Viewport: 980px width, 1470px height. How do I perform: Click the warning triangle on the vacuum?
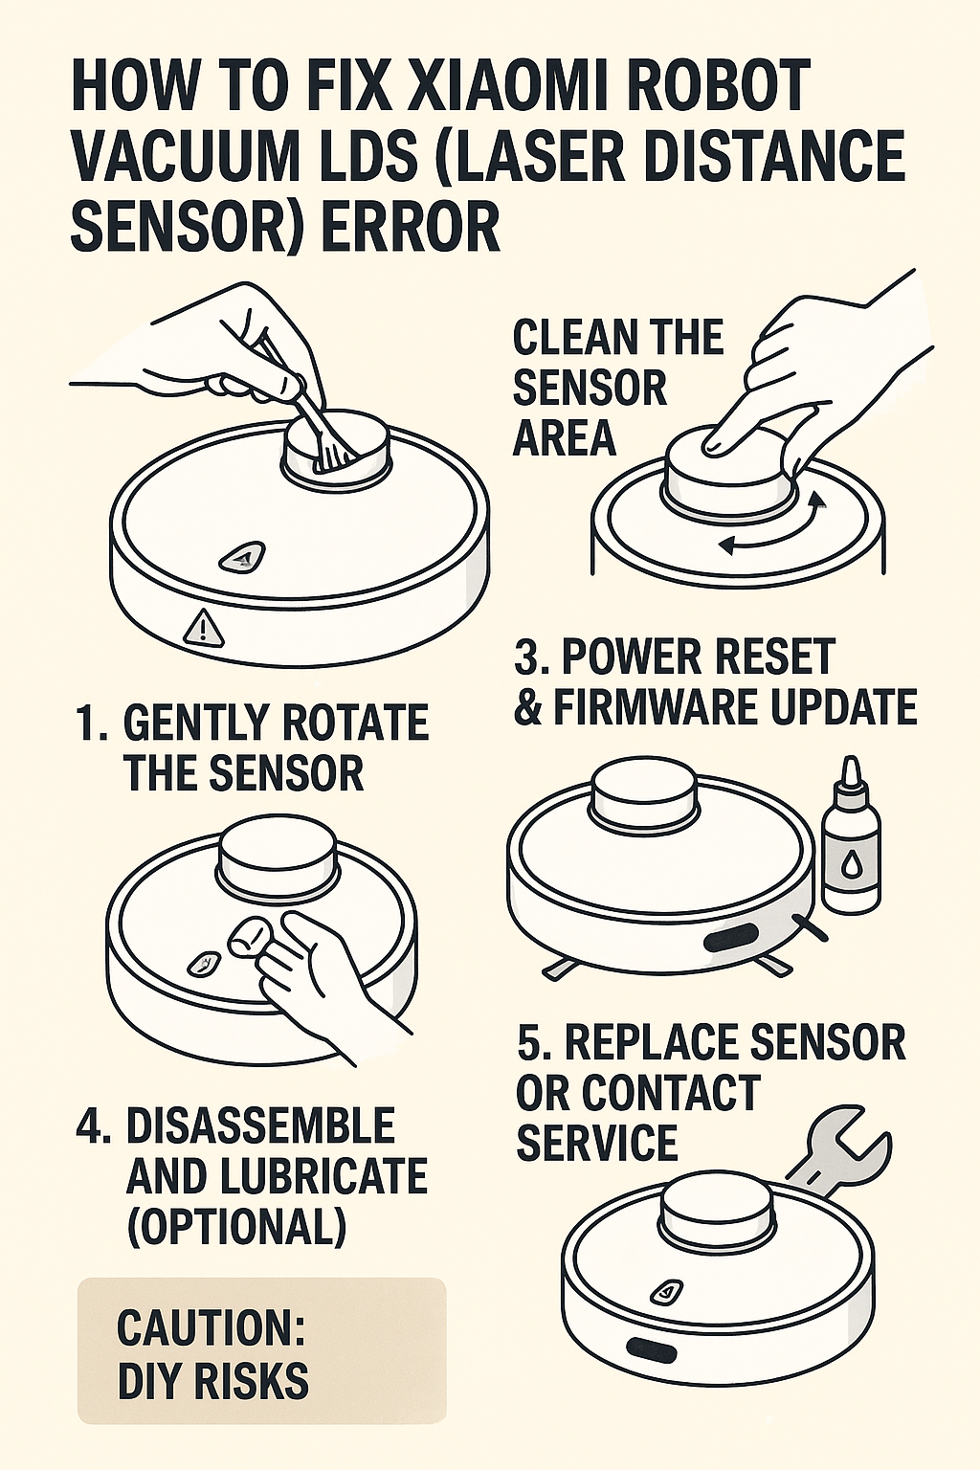coord(204,627)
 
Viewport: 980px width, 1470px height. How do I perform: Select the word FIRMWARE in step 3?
coord(663,707)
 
